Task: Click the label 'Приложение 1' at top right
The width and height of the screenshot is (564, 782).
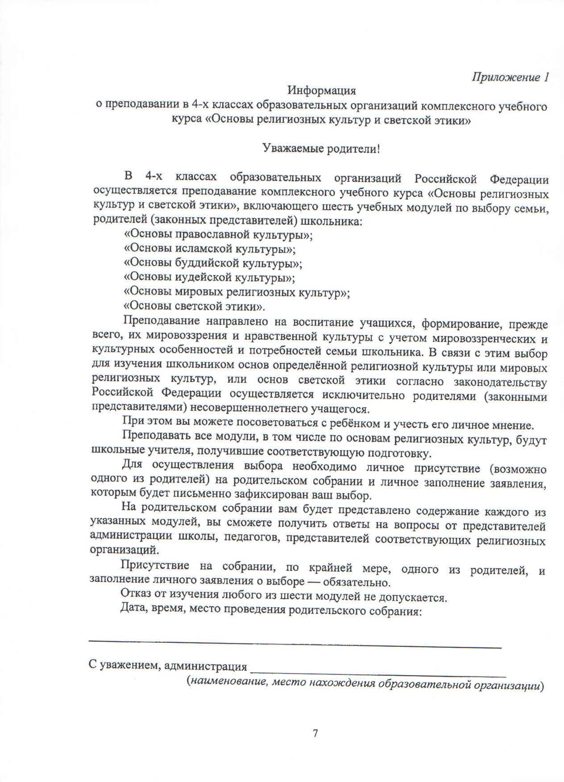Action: coord(510,77)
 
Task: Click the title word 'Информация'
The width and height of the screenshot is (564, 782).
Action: coord(321,91)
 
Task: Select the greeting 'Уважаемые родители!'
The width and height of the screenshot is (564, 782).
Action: coord(321,148)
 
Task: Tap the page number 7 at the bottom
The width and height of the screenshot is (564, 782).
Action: coord(315,733)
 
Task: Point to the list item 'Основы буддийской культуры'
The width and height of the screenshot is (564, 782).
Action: coord(213,263)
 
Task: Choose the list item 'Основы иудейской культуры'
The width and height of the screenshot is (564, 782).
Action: coord(209,278)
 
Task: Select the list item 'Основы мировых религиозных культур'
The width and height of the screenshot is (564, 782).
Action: coord(236,292)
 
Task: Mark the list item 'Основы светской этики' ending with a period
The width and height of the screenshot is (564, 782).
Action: coord(195,307)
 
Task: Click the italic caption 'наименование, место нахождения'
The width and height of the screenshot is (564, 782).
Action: coord(281,683)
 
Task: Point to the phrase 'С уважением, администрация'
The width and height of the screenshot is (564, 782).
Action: coord(168,666)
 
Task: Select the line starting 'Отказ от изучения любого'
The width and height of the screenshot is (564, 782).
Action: coord(283,596)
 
